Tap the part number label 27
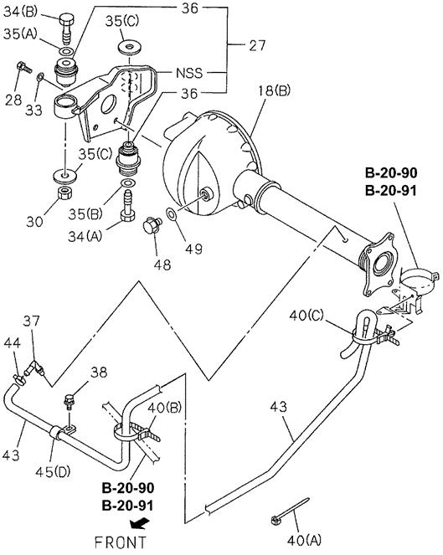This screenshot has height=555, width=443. pos(257,45)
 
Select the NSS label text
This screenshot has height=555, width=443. pos(189,73)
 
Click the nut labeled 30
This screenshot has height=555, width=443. pos(64,193)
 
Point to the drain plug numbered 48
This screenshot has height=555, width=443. pos(152,225)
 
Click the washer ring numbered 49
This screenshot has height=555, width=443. pos(172,213)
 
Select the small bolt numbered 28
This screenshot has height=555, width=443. pos(23,67)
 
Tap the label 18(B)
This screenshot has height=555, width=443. pos(274,90)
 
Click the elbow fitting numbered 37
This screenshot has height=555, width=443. pos(34,369)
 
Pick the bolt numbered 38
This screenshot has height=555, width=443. pos(69,402)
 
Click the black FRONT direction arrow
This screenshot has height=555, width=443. pos(138,522)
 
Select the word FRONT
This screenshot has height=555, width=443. pos(120,542)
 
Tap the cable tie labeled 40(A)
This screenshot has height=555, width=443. pos(290,511)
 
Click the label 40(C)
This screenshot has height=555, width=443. pos(306,315)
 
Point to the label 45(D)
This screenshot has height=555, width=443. pos(53,471)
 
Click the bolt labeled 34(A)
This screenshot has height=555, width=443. pos(126,207)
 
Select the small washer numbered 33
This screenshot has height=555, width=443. pos(40,77)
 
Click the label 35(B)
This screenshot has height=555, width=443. pos(85,214)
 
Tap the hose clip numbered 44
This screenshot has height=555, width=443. pos(19,379)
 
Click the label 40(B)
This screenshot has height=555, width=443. pos(164,408)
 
